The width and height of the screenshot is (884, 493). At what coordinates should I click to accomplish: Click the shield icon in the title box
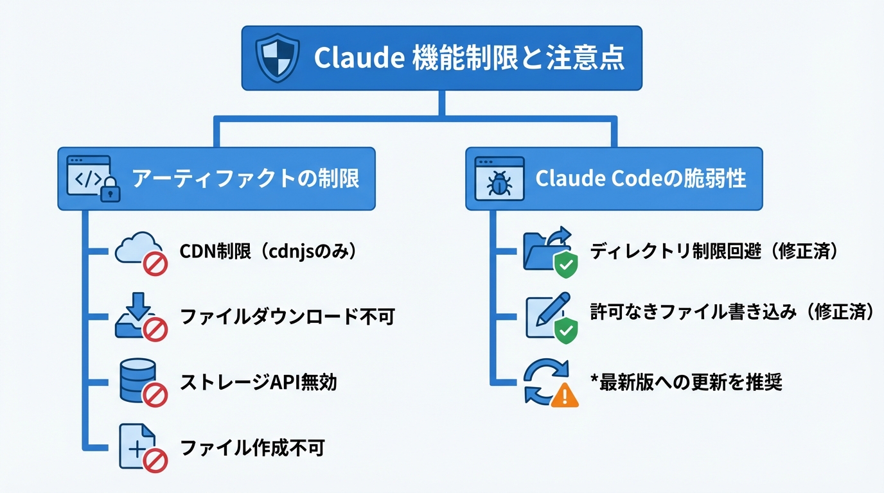278,58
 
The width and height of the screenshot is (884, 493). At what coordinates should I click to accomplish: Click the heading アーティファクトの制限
245,178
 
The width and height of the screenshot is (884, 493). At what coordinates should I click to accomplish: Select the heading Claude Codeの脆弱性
641,178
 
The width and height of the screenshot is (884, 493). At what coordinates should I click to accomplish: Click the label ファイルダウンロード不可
287,316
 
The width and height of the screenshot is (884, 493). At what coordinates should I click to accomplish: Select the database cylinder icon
137,380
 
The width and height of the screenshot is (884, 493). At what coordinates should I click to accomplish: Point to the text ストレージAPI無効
258,382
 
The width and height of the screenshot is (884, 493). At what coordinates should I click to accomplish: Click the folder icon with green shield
545,251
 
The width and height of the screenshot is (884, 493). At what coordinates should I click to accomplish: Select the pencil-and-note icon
546,316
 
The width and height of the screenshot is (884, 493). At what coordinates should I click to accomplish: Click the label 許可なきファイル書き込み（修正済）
733,311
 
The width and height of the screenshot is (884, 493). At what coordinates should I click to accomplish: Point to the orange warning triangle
565,395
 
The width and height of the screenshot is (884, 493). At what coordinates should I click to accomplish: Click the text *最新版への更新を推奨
685,383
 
